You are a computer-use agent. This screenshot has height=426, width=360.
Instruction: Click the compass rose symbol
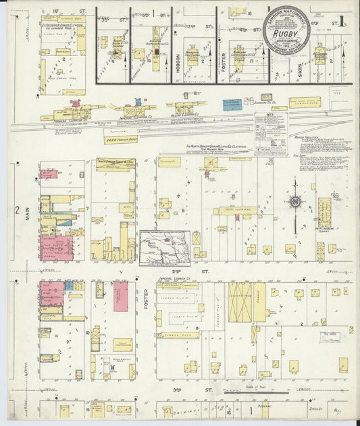click(x=295, y=201)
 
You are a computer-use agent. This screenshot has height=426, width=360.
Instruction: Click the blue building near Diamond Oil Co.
click(x=232, y=105)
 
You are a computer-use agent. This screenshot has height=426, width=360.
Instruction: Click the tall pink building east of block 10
click(x=121, y=296)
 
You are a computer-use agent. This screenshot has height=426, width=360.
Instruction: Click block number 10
click(x=87, y=333)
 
